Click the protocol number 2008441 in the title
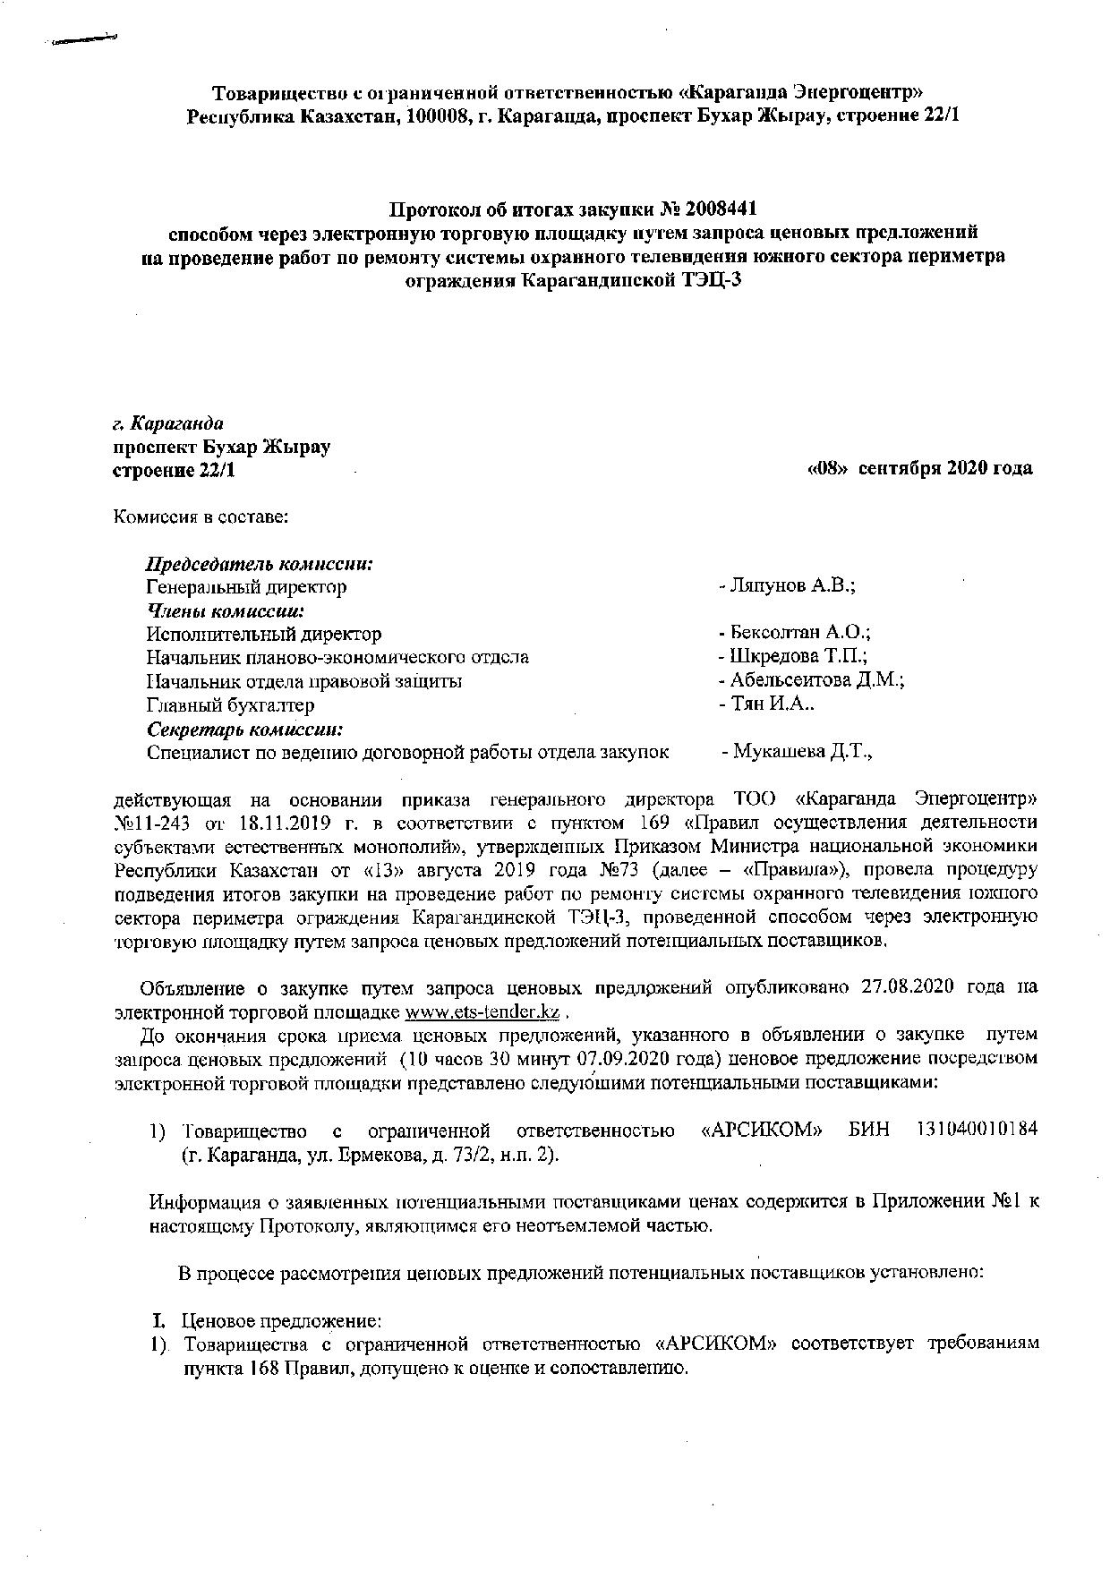coord(721,209)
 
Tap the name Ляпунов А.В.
coord(792,586)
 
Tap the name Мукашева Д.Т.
coord(801,752)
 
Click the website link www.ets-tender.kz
coord(482,1012)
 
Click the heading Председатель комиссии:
coord(260,564)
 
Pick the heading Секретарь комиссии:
coord(245,729)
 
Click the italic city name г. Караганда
coord(167,422)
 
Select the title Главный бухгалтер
coord(230,705)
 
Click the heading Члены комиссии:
coord(226,611)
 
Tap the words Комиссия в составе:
coord(200,516)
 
